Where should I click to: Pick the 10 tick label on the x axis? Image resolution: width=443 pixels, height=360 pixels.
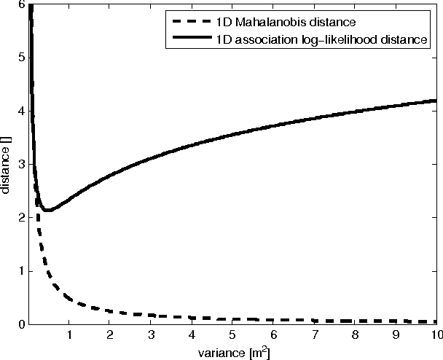[434, 335]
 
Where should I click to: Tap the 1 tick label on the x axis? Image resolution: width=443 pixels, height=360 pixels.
[70, 335]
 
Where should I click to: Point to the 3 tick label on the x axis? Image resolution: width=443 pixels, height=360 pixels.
[152, 335]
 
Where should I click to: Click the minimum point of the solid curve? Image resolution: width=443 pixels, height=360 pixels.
[47, 210]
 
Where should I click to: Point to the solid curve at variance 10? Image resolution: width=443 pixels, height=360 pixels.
[436, 100]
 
